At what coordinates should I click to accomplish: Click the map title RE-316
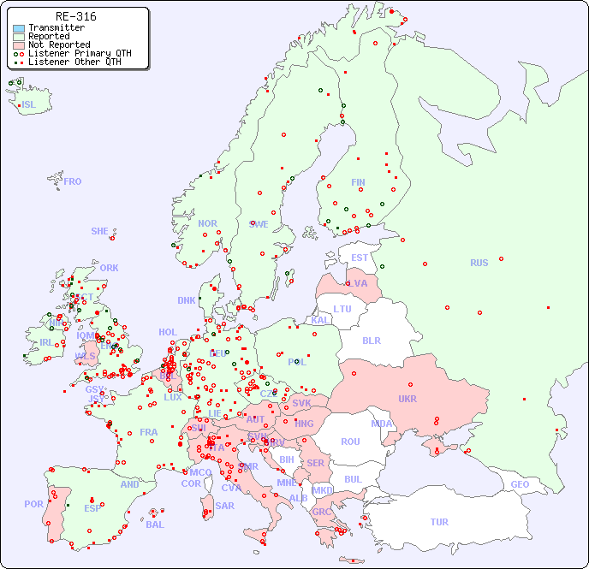(75, 16)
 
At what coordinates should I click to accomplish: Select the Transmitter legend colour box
(19, 28)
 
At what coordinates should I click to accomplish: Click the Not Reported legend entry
(58, 44)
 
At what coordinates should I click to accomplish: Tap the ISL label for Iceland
(29, 105)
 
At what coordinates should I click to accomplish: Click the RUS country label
(479, 263)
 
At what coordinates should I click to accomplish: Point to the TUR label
(439, 522)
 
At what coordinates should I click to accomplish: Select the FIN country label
(358, 182)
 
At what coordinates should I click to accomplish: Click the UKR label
(407, 399)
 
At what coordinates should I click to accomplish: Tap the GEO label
(520, 484)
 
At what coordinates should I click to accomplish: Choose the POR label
(33, 504)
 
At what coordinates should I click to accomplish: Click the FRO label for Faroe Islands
(73, 181)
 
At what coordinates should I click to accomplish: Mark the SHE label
(99, 231)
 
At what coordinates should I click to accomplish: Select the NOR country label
(207, 223)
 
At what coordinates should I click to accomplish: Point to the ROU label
(350, 442)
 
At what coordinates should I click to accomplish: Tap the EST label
(360, 258)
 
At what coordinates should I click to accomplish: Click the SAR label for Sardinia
(224, 505)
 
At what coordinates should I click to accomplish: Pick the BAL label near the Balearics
(154, 525)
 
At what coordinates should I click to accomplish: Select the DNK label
(187, 300)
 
